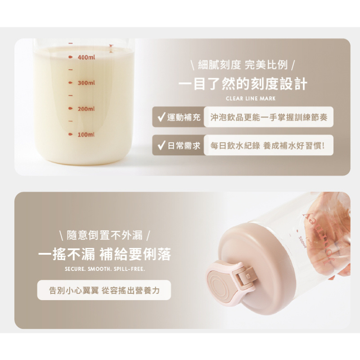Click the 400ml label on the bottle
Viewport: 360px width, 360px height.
(x=86, y=57)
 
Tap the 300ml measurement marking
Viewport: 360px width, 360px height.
(x=86, y=83)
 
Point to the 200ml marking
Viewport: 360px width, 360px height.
(x=86, y=108)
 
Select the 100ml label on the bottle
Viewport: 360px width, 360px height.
(x=86, y=135)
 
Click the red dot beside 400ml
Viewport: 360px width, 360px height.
(x=71, y=57)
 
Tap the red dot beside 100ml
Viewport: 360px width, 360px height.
(x=71, y=134)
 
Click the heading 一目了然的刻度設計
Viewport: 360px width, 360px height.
(x=243, y=84)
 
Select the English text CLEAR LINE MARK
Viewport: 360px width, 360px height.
(x=251, y=99)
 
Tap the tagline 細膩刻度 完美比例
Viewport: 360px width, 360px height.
(x=243, y=65)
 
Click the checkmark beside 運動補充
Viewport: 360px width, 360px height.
(x=161, y=117)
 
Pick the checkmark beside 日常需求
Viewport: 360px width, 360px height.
(x=161, y=145)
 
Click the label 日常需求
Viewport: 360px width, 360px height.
(x=184, y=145)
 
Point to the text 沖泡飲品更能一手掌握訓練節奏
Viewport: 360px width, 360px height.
(x=269, y=117)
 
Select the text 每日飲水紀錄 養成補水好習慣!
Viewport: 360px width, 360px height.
(x=267, y=145)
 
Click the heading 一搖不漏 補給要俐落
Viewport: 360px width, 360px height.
(x=105, y=254)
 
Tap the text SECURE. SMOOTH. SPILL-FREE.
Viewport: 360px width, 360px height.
(x=105, y=269)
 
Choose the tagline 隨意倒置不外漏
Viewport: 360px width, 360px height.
(x=105, y=235)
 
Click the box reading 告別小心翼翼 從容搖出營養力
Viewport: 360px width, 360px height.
(x=104, y=290)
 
